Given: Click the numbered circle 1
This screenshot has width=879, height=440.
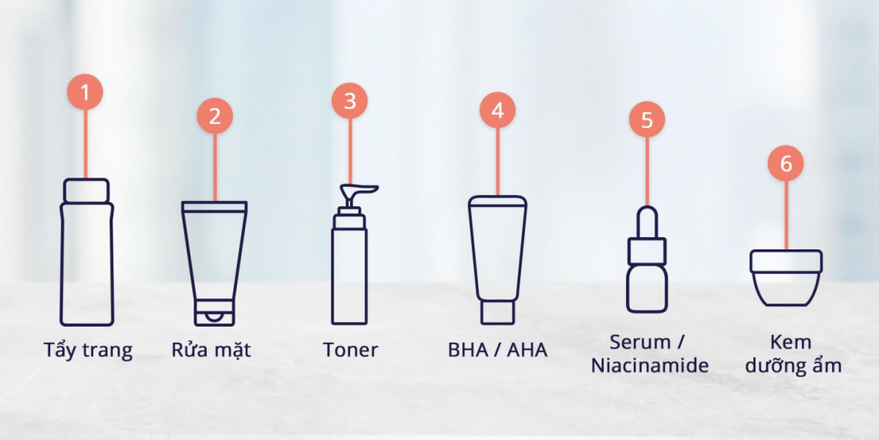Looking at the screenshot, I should pos(85,93).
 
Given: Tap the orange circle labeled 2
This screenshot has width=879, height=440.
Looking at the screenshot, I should pos(214,117).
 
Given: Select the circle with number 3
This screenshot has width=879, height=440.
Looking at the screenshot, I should pos(349,102).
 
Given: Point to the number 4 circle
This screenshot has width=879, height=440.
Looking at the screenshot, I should pos(497,110).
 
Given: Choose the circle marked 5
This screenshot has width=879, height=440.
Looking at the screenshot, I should pos(646,120).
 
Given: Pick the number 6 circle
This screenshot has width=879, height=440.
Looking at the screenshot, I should pos(786,164).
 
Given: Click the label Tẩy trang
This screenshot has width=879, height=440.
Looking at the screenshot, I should pos(88,350).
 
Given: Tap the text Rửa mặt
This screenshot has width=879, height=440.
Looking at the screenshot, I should pos(210,350).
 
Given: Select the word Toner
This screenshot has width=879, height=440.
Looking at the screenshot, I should pos(350,350).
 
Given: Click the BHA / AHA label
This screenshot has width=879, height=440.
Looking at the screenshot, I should pos(497,350).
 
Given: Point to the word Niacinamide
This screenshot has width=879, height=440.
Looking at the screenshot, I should pos(649,365).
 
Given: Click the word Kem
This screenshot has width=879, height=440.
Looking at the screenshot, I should pos(790,342).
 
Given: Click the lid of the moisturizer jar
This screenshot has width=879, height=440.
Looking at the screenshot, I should pos(786,261).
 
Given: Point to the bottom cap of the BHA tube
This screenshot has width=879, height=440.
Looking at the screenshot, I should pos(497,311).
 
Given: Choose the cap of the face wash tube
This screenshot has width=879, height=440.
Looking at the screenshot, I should pos(214,312).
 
